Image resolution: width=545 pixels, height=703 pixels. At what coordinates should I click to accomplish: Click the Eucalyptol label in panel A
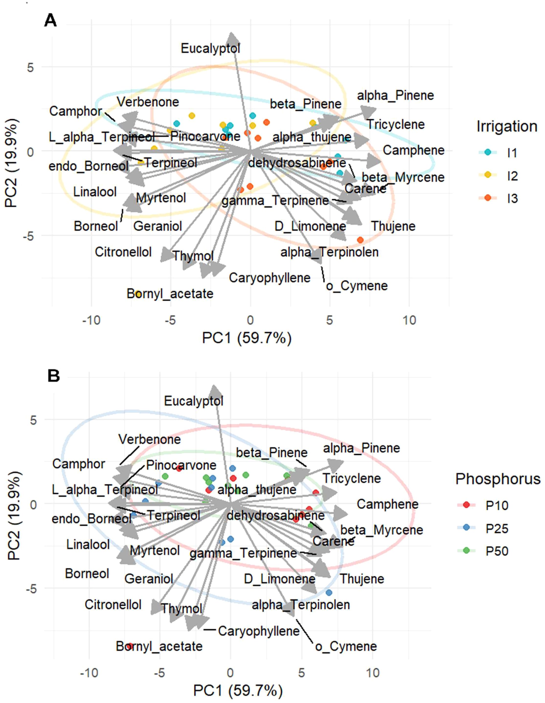coord(210,49)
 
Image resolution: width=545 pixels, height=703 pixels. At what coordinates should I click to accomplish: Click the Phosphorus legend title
coord(498,479)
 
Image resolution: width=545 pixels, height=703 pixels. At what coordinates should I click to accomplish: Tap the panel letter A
coord(50,21)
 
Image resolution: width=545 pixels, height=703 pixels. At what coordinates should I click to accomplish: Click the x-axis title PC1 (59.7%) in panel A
coord(247,338)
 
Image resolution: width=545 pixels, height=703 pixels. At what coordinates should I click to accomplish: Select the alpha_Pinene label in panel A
coord(396,96)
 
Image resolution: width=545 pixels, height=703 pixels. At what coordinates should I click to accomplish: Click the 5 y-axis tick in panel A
coord(31,68)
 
